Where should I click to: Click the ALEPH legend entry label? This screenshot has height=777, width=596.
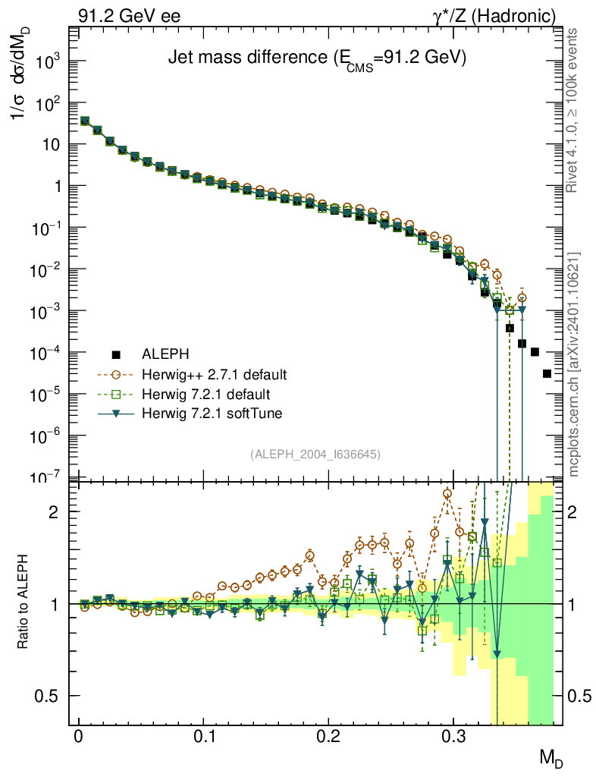165,354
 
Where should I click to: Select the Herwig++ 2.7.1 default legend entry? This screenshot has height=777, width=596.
214,374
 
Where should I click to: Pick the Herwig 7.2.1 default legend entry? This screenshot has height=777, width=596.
206,395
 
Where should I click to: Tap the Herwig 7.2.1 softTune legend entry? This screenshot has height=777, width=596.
212,414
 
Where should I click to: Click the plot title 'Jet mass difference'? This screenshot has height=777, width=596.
248,58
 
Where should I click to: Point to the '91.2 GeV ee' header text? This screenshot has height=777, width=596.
129,16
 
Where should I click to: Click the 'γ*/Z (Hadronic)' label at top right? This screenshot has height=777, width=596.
494,17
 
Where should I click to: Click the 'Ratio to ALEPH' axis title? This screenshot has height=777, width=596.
23,602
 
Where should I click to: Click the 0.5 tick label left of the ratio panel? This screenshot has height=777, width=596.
46,697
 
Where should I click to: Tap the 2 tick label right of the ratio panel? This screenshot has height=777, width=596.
572,512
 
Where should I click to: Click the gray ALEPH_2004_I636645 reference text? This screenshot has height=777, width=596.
315,454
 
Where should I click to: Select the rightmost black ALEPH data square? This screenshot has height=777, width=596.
547,373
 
